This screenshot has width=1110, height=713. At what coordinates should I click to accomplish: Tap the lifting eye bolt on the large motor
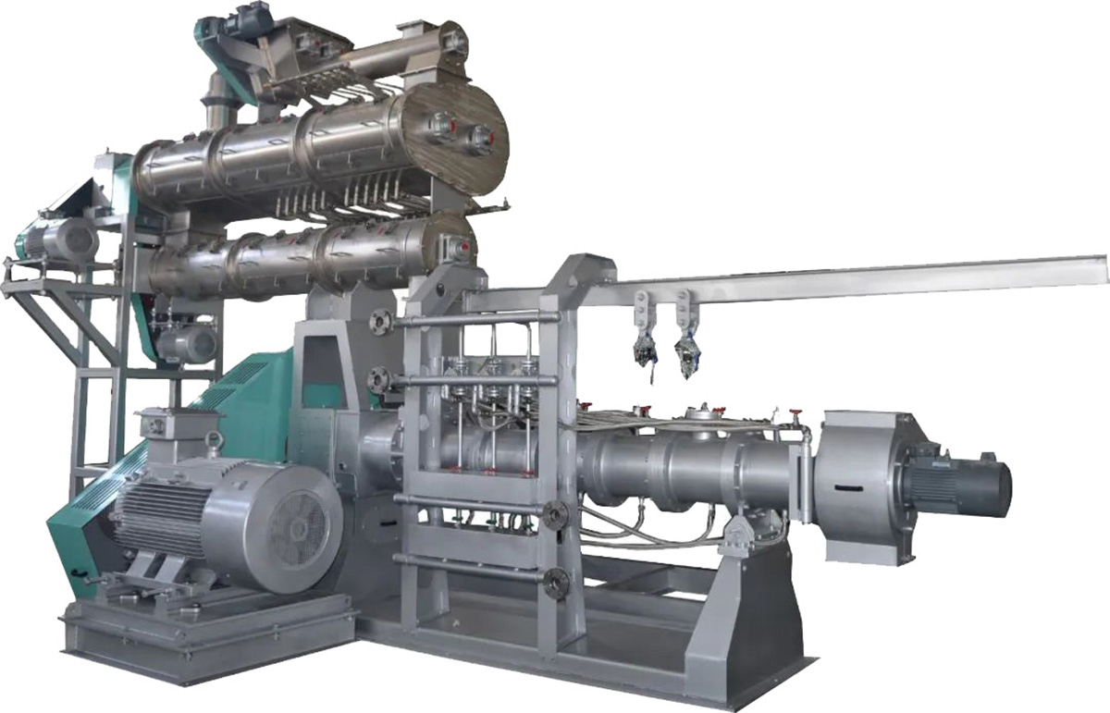pyautogui.click(x=214, y=440)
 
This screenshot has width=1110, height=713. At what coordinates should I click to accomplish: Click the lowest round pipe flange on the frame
pyautogui.click(x=556, y=582)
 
